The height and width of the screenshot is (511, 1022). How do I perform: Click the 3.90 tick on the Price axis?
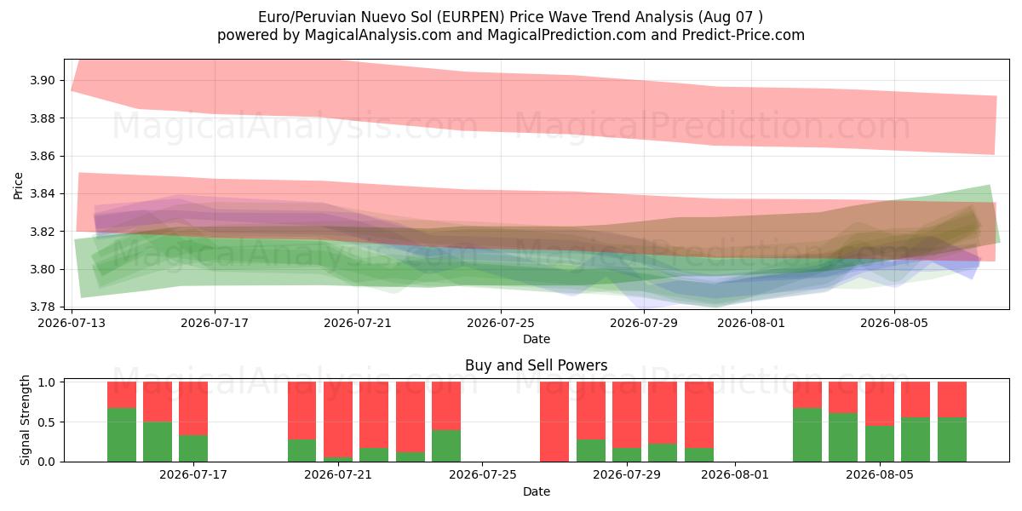42,81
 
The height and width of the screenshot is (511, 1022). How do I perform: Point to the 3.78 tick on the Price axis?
42,307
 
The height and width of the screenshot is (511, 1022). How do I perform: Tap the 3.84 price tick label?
42,194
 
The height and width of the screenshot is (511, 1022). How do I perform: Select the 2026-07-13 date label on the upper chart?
72,323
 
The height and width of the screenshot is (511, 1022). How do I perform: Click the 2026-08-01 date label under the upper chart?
751,323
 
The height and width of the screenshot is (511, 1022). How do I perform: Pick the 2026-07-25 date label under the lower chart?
483,475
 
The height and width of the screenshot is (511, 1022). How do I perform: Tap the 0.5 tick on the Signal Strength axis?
46,422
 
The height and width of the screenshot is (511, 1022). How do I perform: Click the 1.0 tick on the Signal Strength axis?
46,382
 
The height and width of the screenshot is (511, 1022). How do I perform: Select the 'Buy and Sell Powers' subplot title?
536,365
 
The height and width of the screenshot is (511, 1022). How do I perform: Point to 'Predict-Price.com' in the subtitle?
744,35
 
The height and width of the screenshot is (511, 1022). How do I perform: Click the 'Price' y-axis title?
18,186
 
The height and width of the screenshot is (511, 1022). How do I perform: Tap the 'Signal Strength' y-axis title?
25,420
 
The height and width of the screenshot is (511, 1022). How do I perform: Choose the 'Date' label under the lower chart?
536,492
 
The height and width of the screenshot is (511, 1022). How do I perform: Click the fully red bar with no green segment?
554,422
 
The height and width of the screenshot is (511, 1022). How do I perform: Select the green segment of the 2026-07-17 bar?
193,449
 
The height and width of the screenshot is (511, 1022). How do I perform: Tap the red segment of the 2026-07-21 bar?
338,420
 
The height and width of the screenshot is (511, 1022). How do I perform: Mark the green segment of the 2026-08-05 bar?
880,444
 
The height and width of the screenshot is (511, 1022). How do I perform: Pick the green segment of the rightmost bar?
952,439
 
